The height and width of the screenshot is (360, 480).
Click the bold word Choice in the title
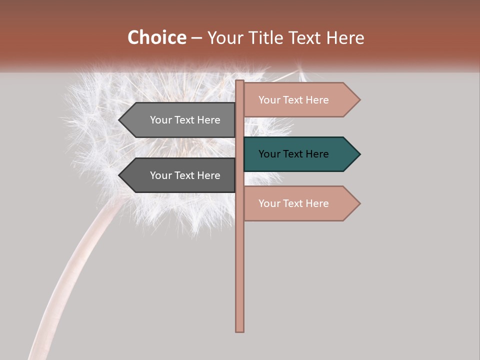pyautogui.click(x=156, y=38)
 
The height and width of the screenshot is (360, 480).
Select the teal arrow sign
pyautogui.click(x=300, y=154)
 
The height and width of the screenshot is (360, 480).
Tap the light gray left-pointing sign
pyautogui.click(x=177, y=120)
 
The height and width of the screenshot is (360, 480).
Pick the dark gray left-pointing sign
pyautogui.click(x=177, y=175)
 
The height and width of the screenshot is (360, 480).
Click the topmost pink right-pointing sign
pyautogui.click(x=300, y=100)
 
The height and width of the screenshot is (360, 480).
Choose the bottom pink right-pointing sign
pyautogui.click(x=300, y=203)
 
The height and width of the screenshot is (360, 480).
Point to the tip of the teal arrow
pyautogui.click(x=359, y=154)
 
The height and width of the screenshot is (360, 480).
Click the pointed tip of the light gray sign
pyautogui.click(x=119, y=120)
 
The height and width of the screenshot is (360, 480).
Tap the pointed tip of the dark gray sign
pyautogui.click(x=119, y=175)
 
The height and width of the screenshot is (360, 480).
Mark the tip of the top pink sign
pyautogui.click(x=359, y=100)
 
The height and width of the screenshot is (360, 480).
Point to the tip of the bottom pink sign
pyautogui.click(x=359, y=203)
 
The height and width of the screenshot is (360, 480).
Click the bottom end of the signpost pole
pyautogui.click(x=239, y=330)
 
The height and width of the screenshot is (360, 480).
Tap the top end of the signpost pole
pyautogui.click(x=239, y=81)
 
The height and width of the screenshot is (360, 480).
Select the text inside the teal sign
pyautogui.click(x=293, y=154)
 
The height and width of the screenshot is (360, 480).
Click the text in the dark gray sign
pyautogui.click(x=185, y=175)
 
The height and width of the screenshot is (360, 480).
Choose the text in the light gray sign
pyautogui.click(x=185, y=120)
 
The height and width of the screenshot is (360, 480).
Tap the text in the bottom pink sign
pyautogui.click(x=293, y=203)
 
